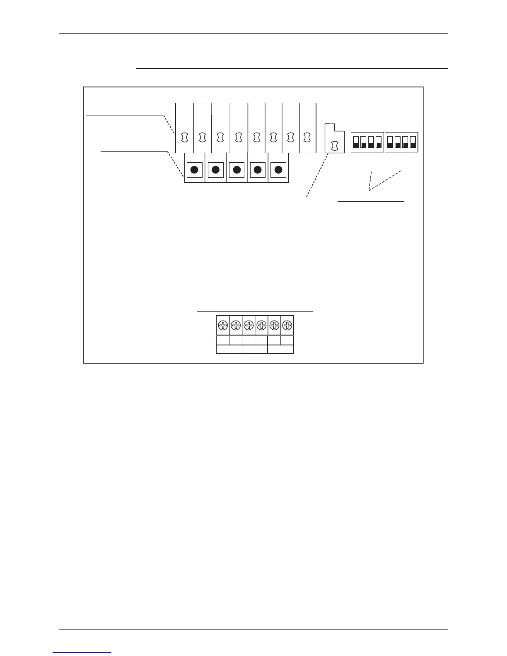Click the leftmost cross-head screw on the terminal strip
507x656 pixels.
[223, 325]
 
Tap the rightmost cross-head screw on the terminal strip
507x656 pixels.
[287, 325]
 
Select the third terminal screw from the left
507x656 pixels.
[249, 325]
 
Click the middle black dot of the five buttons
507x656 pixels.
[237, 169]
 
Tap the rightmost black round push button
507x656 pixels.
[278, 169]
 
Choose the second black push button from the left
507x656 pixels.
[215, 169]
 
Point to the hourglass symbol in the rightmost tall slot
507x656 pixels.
[307, 137]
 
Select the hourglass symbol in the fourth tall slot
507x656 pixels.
[239, 137]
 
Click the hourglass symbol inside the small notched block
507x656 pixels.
[335, 145]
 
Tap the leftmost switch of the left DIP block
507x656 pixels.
[355, 142]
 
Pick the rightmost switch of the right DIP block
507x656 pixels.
[413, 142]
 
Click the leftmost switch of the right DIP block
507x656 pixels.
[390, 142]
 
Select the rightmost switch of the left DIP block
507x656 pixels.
[378, 142]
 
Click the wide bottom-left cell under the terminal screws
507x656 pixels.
[229, 350]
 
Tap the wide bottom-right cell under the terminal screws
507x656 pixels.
[281, 350]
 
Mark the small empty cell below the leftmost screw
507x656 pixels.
[223, 340]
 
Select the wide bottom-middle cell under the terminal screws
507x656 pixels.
[255, 350]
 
